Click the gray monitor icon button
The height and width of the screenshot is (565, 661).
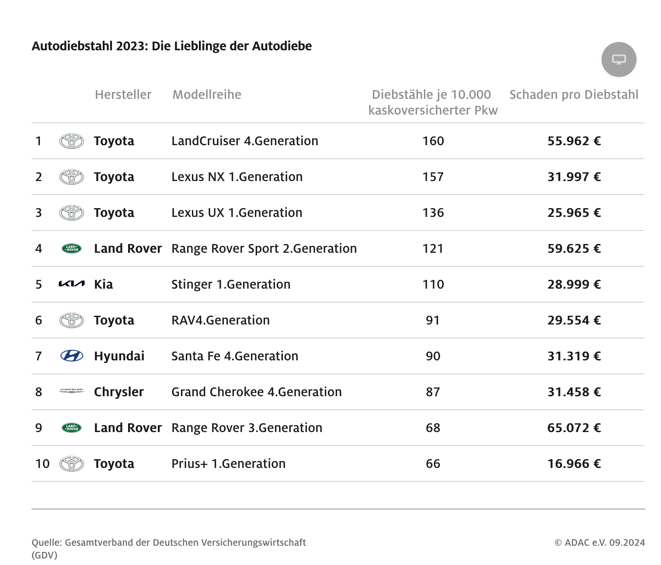(x=619, y=59)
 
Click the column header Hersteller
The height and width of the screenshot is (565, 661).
(x=123, y=94)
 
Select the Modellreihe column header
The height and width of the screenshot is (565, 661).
(x=207, y=94)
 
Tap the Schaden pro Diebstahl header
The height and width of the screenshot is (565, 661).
(x=574, y=94)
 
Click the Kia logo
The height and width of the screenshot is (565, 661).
(x=71, y=284)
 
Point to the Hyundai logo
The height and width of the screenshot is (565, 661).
(x=72, y=356)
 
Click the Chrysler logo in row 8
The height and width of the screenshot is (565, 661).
(x=71, y=391)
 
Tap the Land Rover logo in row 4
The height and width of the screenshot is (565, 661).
(x=72, y=248)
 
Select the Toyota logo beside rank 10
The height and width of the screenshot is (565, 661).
(x=72, y=464)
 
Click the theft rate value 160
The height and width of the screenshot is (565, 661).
(x=433, y=141)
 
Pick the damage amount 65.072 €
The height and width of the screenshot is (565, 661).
(x=574, y=428)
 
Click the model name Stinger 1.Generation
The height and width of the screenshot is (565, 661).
(x=231, y=284)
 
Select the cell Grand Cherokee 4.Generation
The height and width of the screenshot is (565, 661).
(x=256, y=392)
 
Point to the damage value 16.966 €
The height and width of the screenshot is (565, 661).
(x=574, y=464)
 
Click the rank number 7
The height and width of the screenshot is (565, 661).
(x=38, y=356)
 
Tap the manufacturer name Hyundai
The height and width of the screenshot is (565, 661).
(x=119, y=356)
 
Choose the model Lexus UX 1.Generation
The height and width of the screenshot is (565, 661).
(x=237, y=213)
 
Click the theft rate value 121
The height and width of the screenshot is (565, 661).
(x=433, y=248)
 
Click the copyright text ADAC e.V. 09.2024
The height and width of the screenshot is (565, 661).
(x=599, y=542)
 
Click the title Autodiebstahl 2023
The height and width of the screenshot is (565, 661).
(x=171, y=46)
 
